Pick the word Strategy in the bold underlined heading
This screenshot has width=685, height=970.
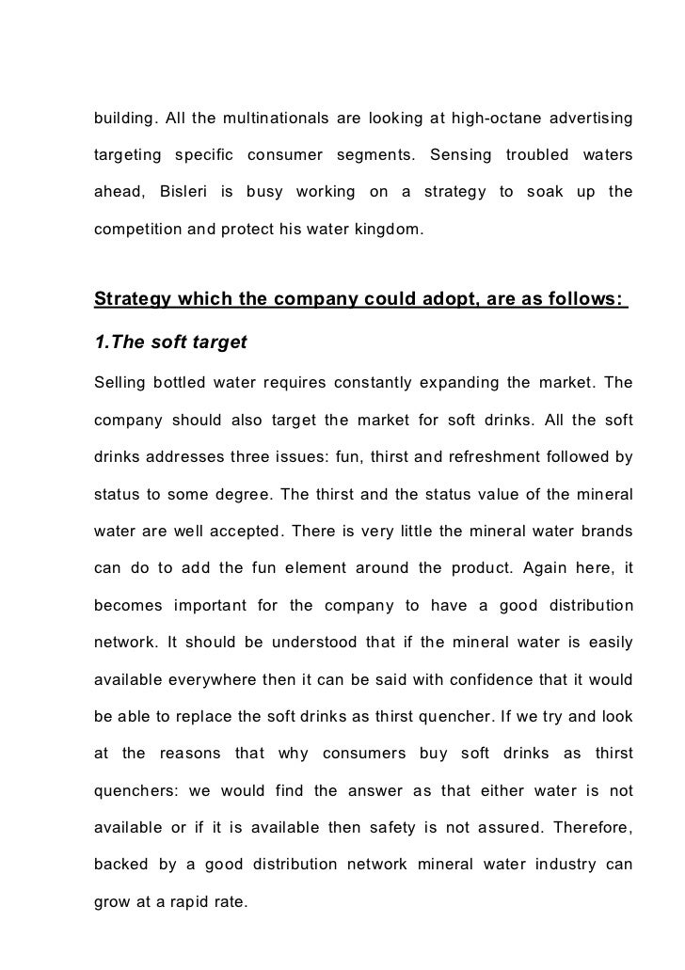pyautogui.click(x=135, y=299)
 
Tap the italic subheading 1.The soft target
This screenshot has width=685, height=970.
pyautogui.click(x=170, y=342)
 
